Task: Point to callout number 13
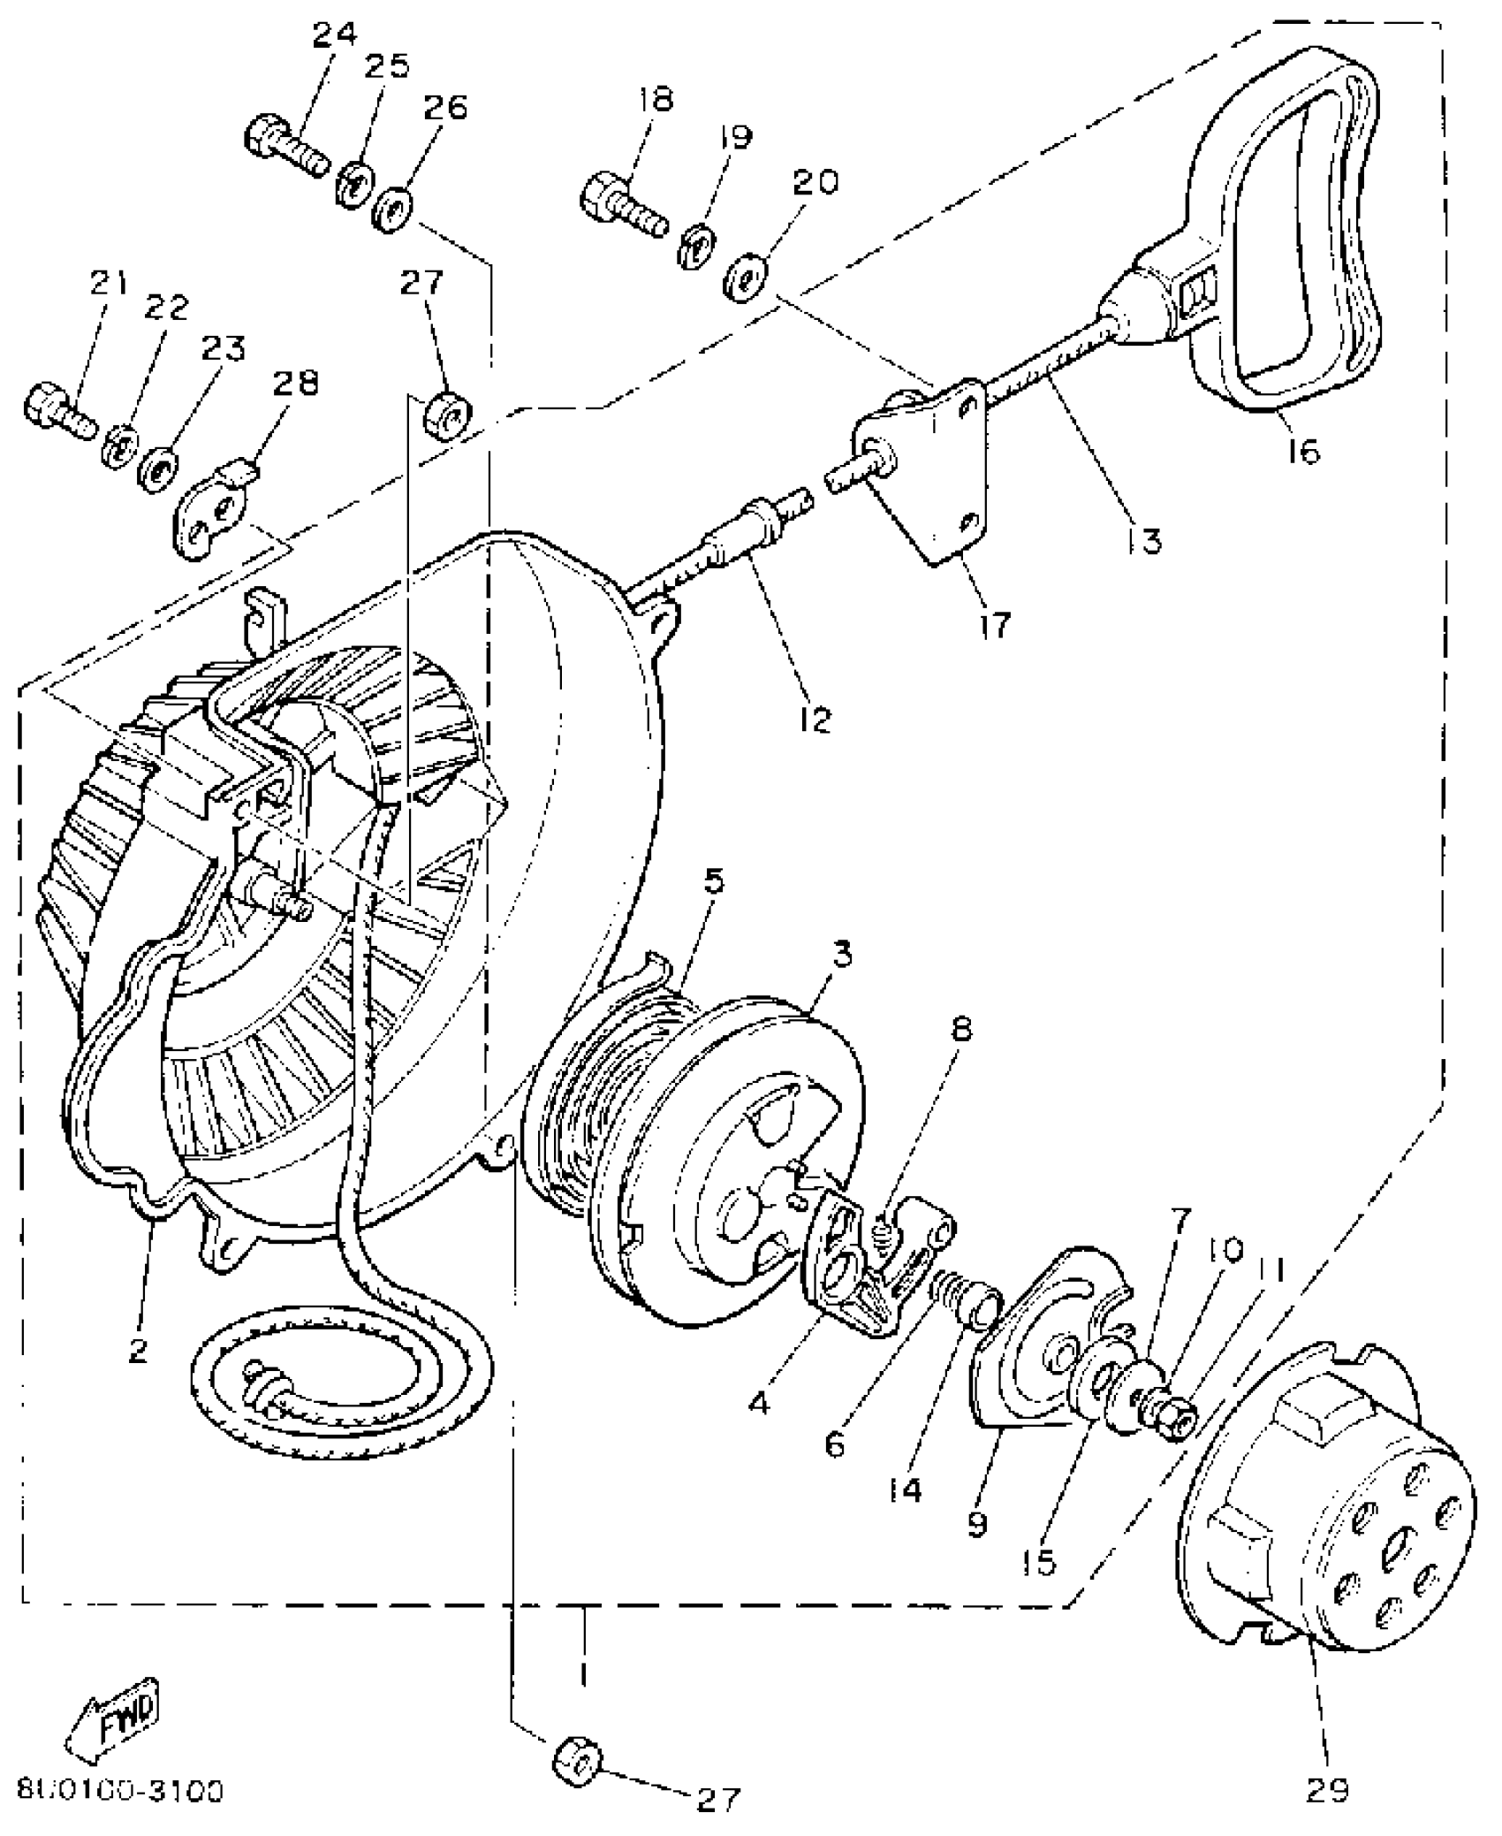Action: pyautogui.click(x=1145, y=539)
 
